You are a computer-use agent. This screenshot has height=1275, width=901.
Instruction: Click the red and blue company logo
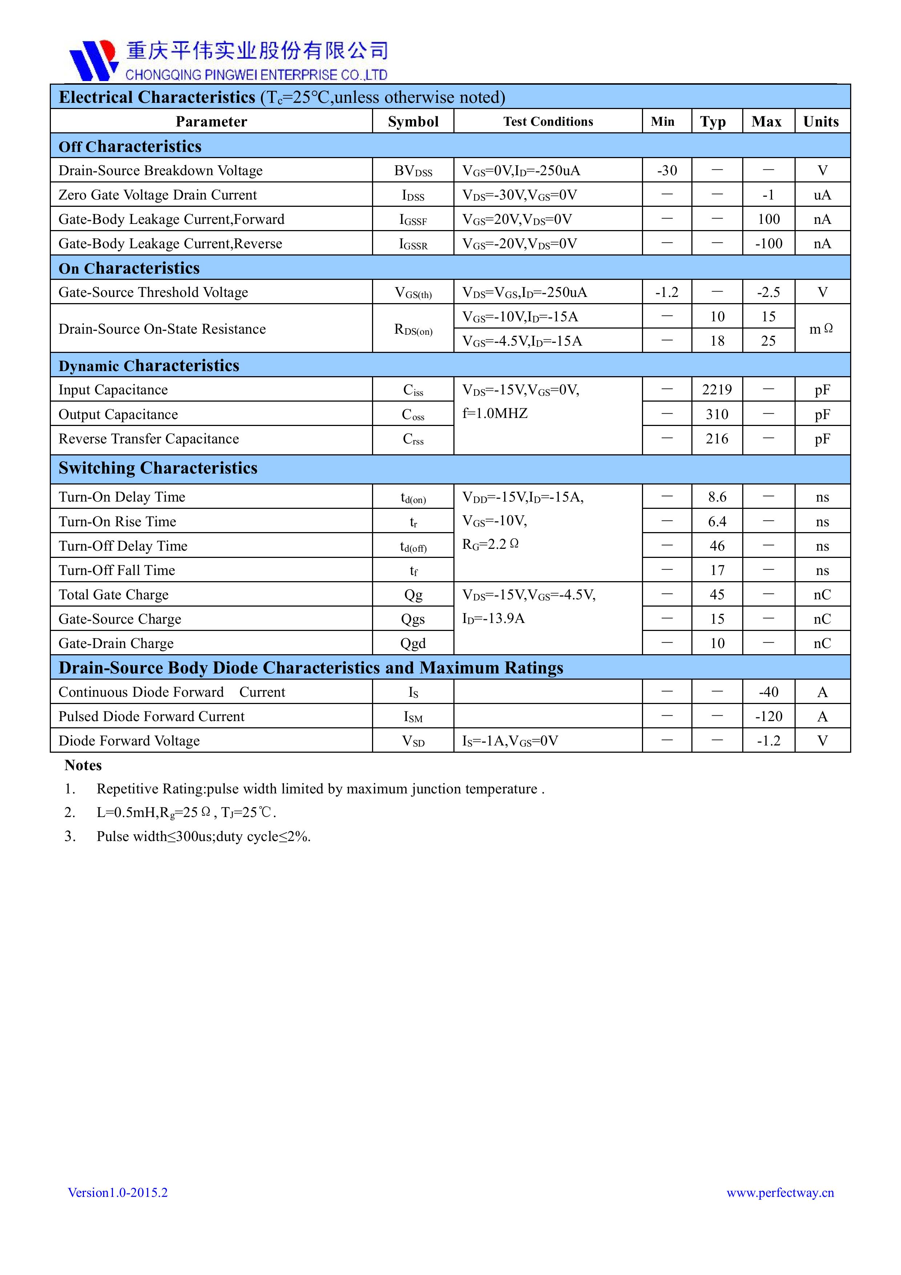[93, 60]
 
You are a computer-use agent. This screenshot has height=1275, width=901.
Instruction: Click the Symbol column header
[413, 122]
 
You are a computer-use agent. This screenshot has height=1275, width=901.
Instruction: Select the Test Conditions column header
[548, 122]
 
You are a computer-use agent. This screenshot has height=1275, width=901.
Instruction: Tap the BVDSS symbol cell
[413, 170]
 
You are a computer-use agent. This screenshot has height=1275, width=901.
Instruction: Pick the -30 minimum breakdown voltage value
[667, 170]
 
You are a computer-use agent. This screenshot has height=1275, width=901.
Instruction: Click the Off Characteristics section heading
[130, 146]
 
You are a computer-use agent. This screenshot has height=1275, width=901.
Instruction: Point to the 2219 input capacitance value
[717, 390]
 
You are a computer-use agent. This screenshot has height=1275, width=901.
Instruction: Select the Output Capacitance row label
[118, 414]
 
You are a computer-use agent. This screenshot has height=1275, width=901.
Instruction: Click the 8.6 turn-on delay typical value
[717, 497]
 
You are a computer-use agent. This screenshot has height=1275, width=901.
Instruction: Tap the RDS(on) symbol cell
[413, 329]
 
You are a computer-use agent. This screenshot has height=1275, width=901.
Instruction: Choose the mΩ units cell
[821, 329]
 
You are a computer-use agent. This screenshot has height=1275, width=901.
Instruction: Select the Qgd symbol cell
[413, 643]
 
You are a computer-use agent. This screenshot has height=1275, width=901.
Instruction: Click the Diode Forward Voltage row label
[129, 741]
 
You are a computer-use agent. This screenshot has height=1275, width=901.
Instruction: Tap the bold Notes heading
[83, 765]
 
